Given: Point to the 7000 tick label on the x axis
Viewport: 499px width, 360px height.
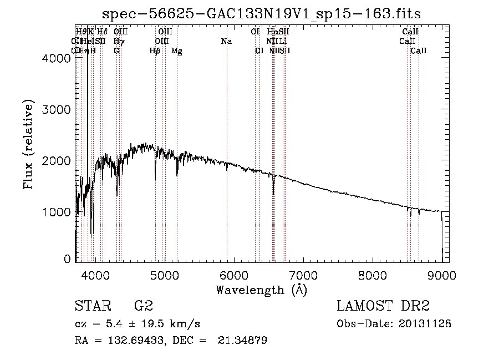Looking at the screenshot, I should pos(303,275).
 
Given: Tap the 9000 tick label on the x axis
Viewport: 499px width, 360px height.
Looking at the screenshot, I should pos(442,275).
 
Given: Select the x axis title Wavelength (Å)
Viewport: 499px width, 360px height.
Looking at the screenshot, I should pos(261,290).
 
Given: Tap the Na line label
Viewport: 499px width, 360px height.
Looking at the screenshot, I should pos(226,41).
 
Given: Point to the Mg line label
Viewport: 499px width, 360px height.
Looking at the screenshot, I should pos(176,50).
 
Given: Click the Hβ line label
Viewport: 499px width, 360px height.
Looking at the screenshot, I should pos(155,50).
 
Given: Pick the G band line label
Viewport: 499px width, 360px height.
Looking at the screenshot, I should pos(116,50).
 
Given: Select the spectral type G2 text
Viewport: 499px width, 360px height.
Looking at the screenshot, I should pos(143,306).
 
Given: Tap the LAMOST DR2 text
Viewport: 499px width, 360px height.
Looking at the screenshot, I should pos(383,306).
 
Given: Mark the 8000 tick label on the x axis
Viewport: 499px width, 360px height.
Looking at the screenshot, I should pos(373,275).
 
